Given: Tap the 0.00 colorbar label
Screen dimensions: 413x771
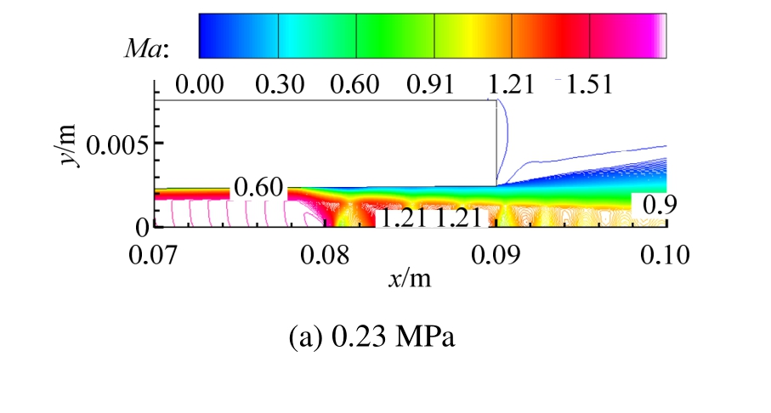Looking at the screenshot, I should click(x=198, y=86).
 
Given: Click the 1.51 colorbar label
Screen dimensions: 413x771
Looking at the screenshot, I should click(x=587, y=86).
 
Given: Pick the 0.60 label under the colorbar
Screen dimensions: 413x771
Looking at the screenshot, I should click(x=356, y=86).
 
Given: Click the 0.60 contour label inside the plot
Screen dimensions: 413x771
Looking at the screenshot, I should click(x=259, y=189).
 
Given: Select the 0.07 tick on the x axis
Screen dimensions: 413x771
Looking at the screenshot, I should click(x=155, y=254).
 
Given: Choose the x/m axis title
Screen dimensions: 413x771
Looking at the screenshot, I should click(x=410, y=279).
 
